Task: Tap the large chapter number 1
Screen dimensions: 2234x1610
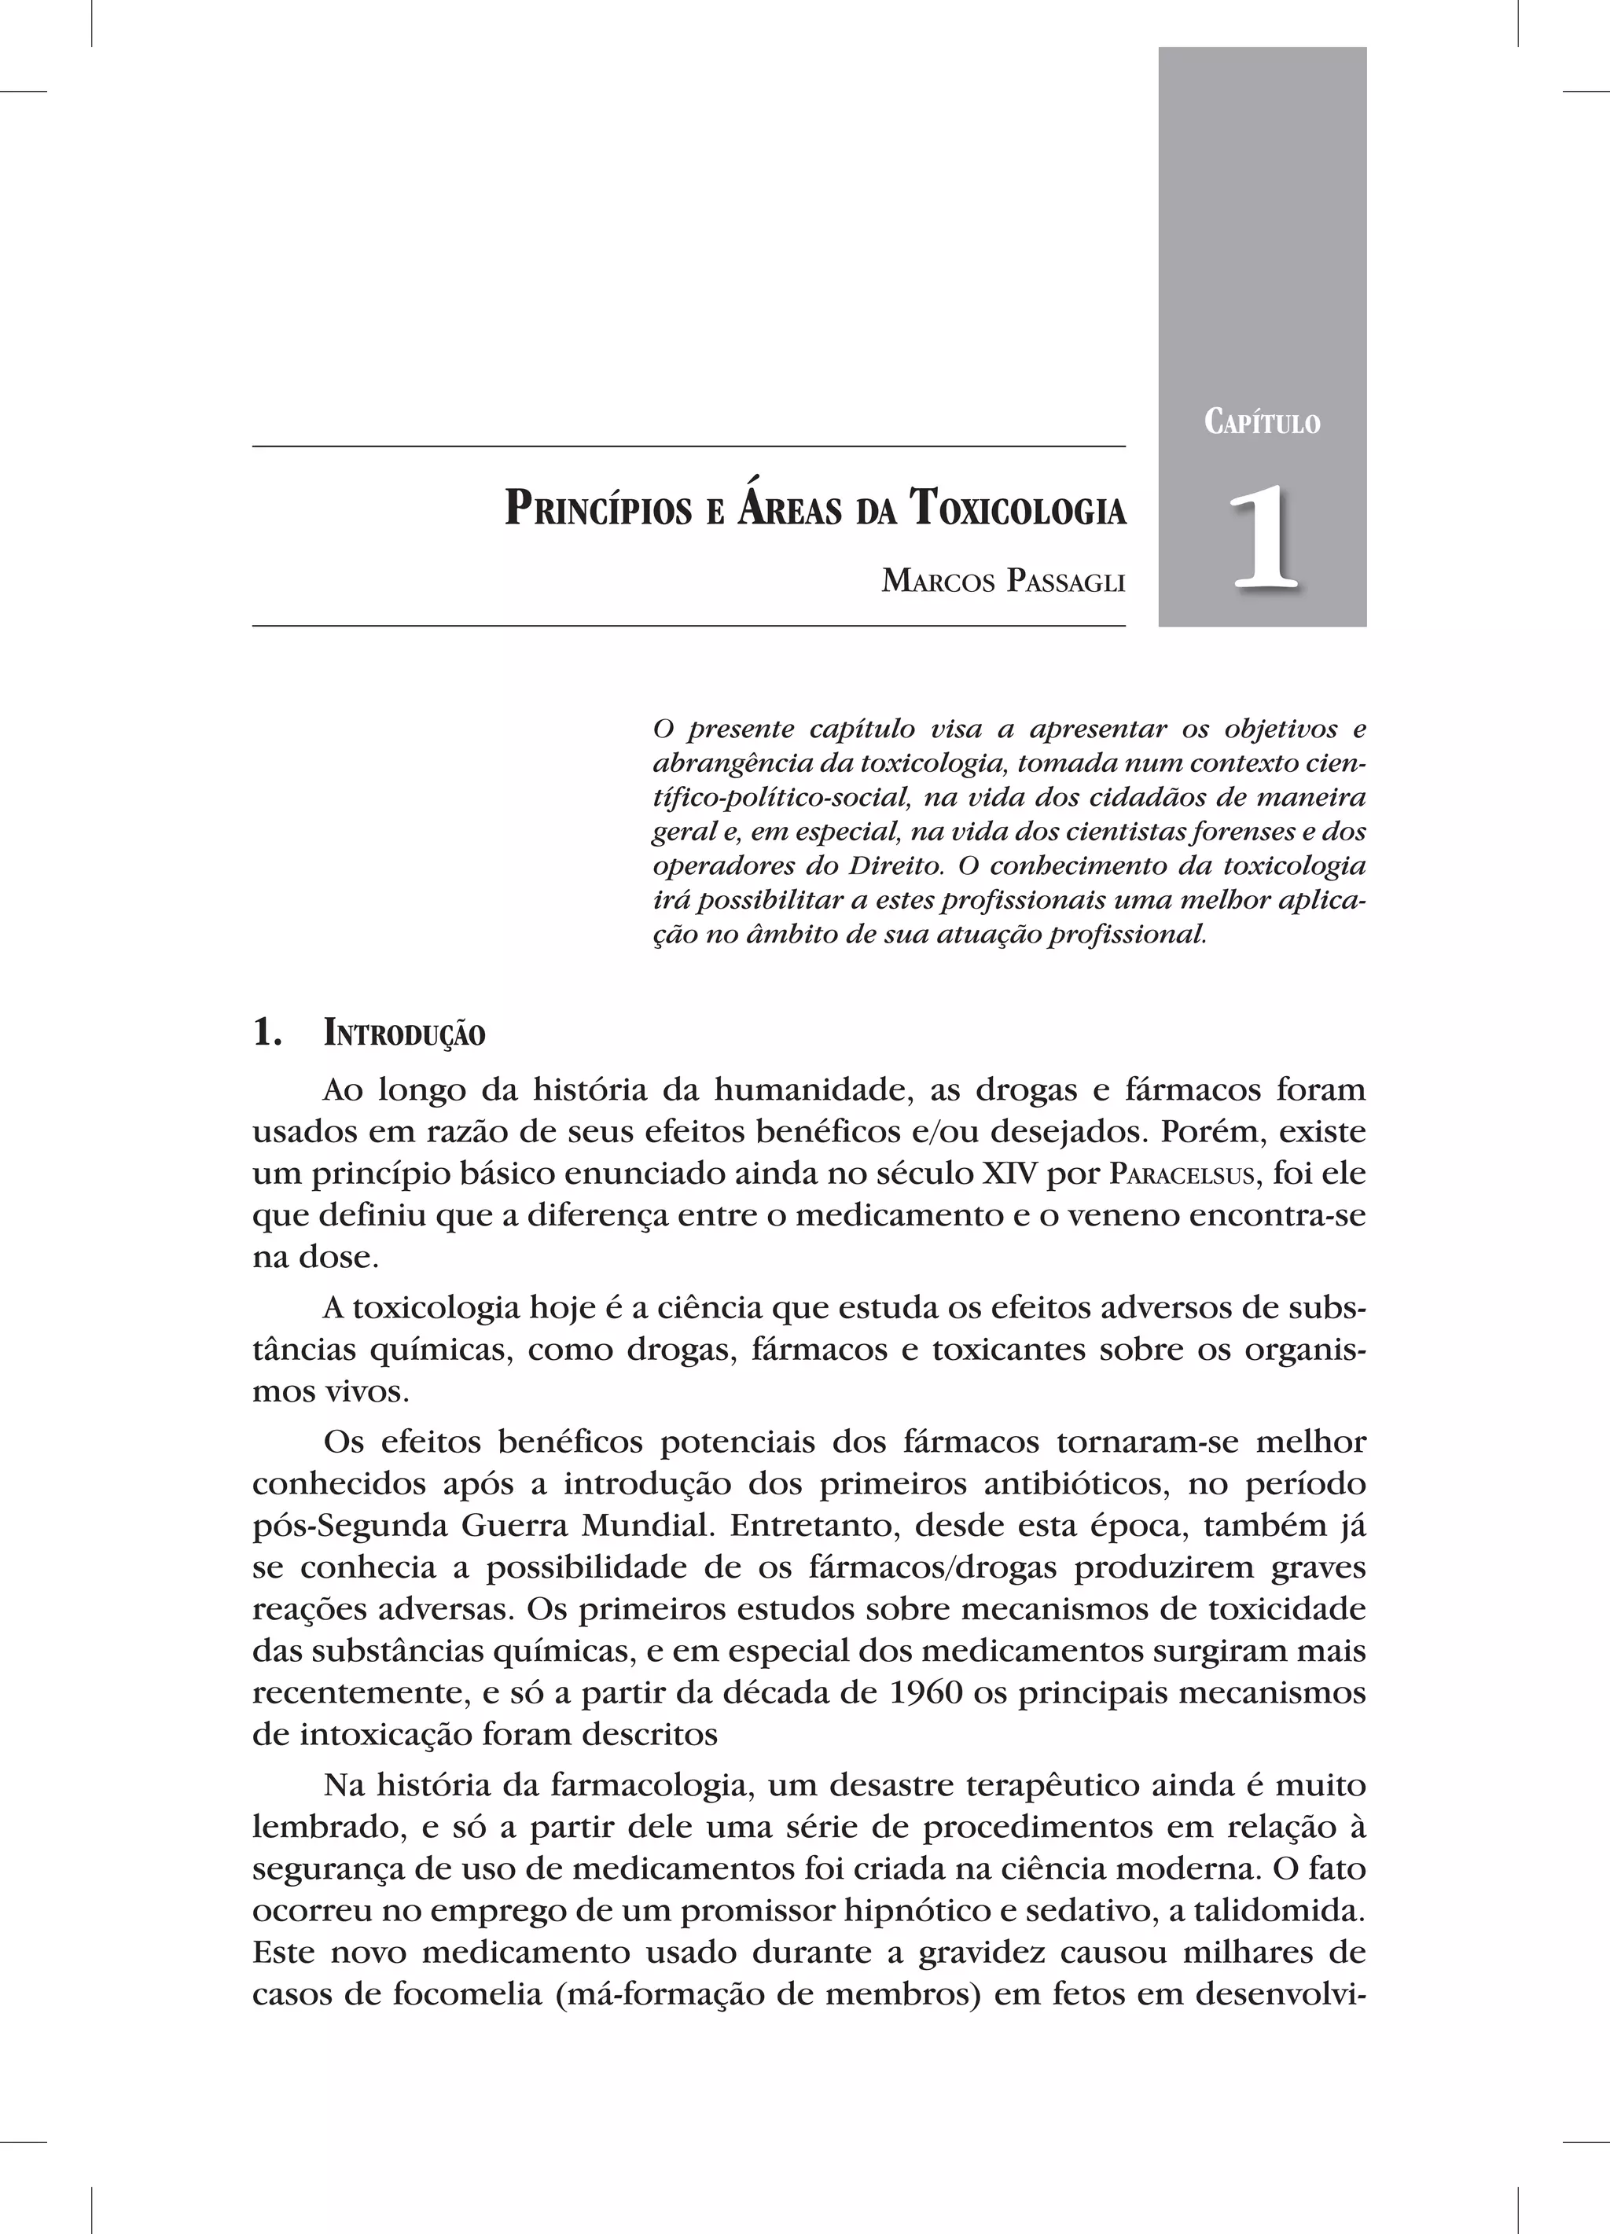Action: [x=1263, y=538]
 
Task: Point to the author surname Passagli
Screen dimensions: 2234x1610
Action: [x=1065, y=582]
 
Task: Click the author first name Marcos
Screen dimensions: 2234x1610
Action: [x=939, y=582]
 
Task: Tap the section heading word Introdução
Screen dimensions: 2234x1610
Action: [x=404, y=1035]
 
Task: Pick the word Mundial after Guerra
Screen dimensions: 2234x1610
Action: [x=645, y=1526]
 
